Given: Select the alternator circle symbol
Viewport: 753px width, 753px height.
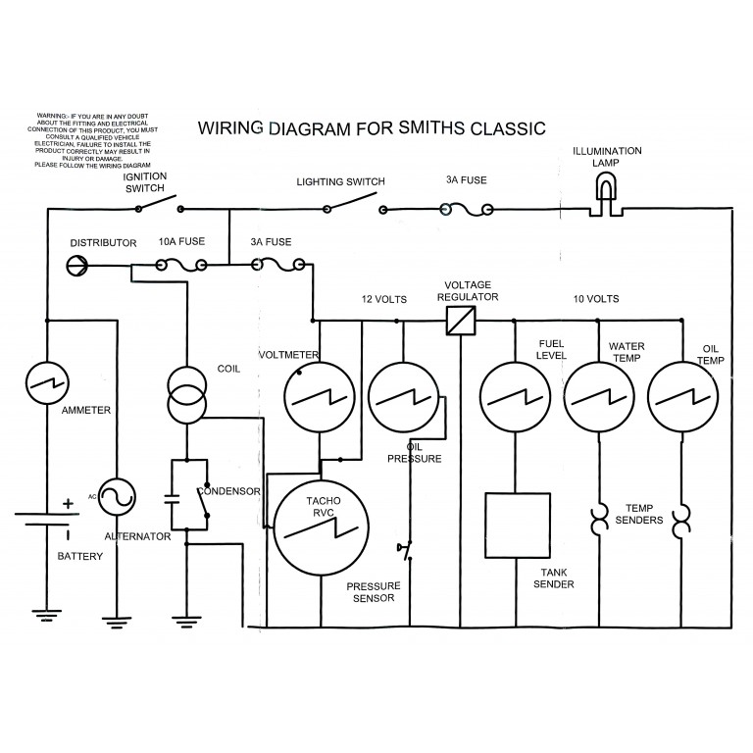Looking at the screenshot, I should (116, 496).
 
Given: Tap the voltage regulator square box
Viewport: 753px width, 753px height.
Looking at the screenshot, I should (461, 321).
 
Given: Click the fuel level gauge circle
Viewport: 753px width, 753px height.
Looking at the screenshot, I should (514, 398).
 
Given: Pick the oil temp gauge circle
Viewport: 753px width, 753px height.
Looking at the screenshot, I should (682, 398).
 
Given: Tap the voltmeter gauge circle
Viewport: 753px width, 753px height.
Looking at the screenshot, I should (320, 398).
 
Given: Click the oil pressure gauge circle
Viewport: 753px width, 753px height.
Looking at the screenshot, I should (403, 398).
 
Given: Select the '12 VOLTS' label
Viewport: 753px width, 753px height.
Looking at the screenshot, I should (383, 298).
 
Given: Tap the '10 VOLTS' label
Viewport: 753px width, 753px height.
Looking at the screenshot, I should (595, 298).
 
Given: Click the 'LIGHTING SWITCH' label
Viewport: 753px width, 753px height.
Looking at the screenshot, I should (340, 181).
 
